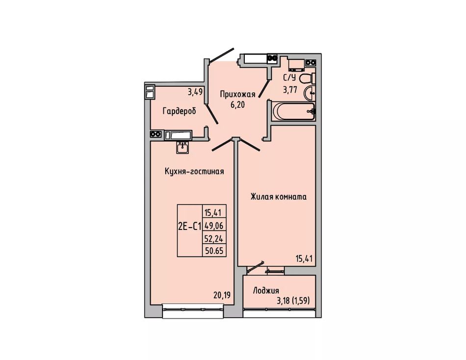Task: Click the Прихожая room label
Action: click(x=237, y=95)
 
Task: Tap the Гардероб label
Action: click(x=179, y=111)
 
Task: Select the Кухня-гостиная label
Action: click(x=194, y=172)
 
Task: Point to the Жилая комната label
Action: click(x=279, y=197)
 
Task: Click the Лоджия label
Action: click(x=266, y=290)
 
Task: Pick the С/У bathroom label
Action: click(x=289, y=78)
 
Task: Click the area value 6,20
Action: click(x=237, y=104)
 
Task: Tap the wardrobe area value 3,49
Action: click(x=195, y=92)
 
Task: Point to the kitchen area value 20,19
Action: click(x=222, y=295)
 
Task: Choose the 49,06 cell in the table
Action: click(x=214, y=226)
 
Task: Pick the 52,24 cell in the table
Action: click(x=214, y=238)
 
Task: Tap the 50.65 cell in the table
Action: click(x=214, y=251)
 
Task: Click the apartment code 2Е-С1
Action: click(x=190, y=227)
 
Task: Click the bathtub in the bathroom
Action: click(x=293, y=112)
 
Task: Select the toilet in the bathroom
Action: click(x=307, y=79)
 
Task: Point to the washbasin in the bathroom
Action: click(x=310, y=93)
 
